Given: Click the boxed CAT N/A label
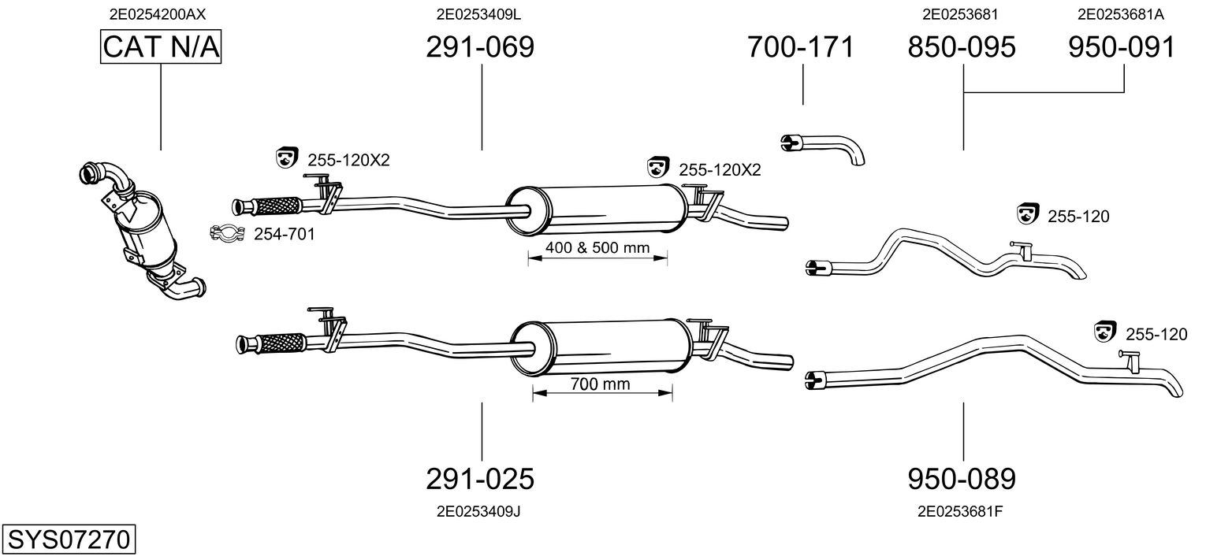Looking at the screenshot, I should pyautogui.click(x=162, y=47).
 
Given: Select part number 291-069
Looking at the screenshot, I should pyautogui.click(x=480, y=47).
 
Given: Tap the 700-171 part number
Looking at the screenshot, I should pyautogui.click(x=801, y=47).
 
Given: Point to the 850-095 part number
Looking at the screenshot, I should pyautogui.click(x=962, y=47).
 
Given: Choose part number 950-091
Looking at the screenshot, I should pyautogui.click(x=1122, y=47).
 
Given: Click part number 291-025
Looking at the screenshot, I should pyautogui.click(x=480, y=478).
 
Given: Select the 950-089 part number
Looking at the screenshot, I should pyautogui.click(x=962, y=478).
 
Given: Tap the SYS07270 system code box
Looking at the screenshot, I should pyautogui.click(x=69, y=540).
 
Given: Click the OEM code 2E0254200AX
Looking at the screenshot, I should pyautogui.click(x=162, y=14).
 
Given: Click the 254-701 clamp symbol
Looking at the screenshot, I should pyautogui.click(x=225, y=232).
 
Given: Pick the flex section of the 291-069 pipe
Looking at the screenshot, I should pyautogui.click(x=275, y=206).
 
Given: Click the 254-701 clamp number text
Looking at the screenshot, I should pyautogui.click(x=273, y=234).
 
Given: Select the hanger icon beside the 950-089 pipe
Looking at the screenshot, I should pyautogui.click(x=1107, y=333).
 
